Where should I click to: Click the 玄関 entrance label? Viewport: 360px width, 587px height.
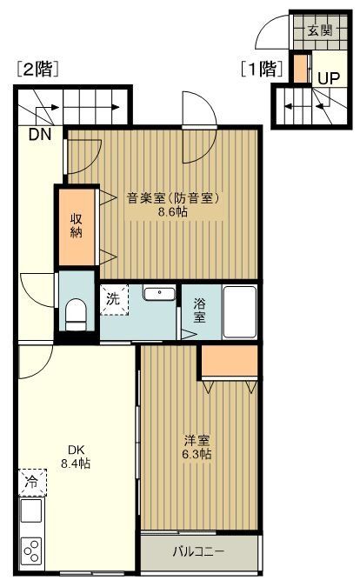point(320,30)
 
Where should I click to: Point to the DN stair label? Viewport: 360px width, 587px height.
point(39,135)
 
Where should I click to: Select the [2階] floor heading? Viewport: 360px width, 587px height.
point(37,70)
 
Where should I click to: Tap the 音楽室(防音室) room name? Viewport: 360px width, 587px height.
point(174,197)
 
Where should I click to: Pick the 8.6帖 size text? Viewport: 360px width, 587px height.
point(174,211)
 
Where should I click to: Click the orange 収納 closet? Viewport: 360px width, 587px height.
point(76,225)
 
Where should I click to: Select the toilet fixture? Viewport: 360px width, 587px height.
point(76,312)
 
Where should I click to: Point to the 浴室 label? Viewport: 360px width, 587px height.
point(199,311)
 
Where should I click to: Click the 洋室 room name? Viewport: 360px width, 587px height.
point(196,441)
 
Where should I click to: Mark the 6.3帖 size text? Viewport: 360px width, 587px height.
point(196,455)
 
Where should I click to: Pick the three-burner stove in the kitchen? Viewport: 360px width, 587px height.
point(32,551)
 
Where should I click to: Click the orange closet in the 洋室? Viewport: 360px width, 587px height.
point(230,362)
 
